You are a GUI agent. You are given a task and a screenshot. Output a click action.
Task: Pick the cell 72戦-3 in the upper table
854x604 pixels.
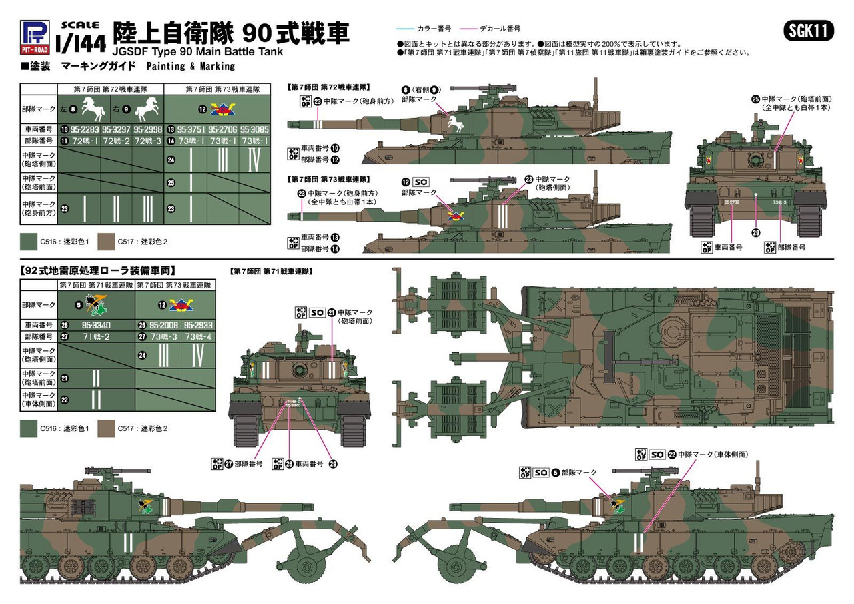click(x=147, y=141)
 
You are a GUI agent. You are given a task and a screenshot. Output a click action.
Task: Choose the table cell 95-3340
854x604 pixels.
click(x=96, y=324)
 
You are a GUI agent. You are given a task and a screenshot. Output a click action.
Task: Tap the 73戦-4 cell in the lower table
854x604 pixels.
click(x=197, y=337)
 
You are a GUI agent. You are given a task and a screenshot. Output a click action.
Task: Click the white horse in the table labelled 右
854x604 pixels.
click(x=147, y=107)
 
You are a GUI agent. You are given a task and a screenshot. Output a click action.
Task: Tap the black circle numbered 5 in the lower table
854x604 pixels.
click(x=79, y=305)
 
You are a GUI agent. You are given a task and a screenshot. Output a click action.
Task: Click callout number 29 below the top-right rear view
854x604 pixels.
click(x=755, y=232)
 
